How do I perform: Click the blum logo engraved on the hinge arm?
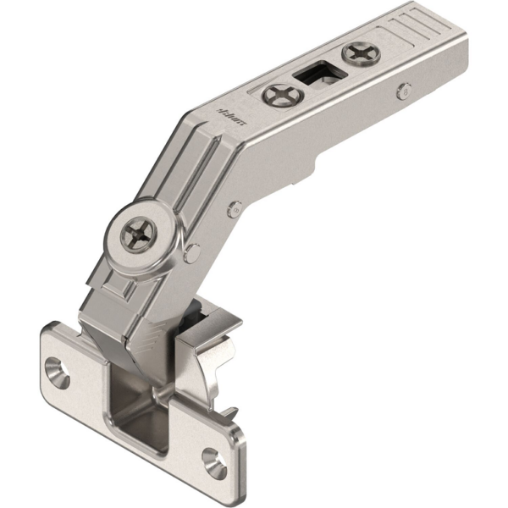coord(230,116)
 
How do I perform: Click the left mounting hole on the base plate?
coord(57,372)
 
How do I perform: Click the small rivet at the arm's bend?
coord(234,207)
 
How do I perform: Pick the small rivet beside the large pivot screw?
coord(192,252)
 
